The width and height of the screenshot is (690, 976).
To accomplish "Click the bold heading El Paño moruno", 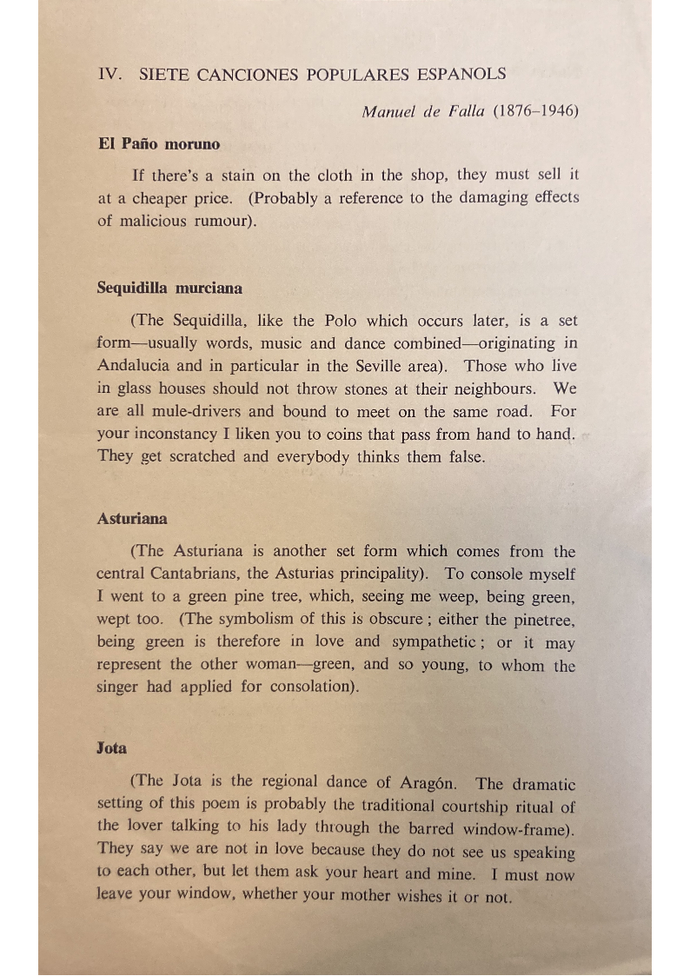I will (x=159, y=143).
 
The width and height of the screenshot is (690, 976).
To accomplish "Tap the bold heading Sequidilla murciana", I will (x=169, y=288).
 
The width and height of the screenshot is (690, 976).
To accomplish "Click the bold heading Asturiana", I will (x=132, y=519).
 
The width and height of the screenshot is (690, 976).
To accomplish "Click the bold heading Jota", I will (x=112, y=747).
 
